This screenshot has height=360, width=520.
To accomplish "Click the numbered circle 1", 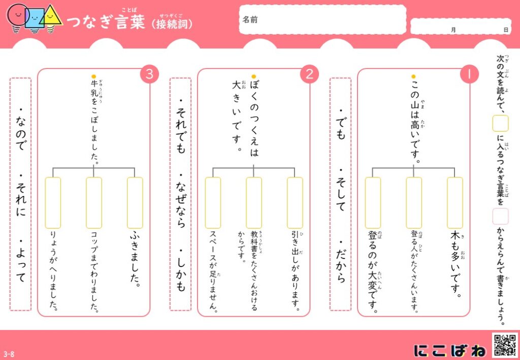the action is (x=469, y=74).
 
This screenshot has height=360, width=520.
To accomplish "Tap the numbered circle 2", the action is (x=309, y=74).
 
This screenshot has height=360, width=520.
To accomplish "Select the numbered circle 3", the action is (x=150, y=74).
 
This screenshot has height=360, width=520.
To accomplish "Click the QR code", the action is (x=505, y=346).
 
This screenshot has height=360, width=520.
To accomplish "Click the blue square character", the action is (x=34, y=19).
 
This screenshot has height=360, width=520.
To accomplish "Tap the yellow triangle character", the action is (x=51, y=18).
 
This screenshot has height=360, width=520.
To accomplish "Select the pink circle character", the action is (x=18, y=17).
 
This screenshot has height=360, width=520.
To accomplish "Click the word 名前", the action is (x=250, y=20).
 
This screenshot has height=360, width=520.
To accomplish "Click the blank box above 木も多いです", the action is (x=454, y=203).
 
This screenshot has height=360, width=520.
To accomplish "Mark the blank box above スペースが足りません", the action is (x=213, y=203).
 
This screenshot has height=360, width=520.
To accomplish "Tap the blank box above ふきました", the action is (x=135, y=203).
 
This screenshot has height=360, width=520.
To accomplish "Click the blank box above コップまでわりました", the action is (x=94, y=203).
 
